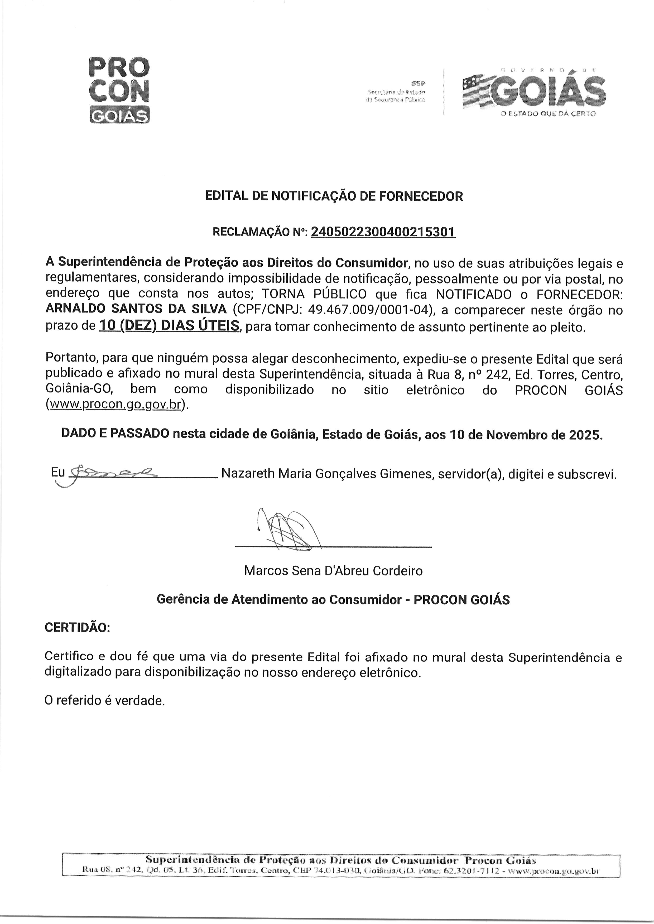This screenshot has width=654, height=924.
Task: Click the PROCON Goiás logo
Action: pyautogui.click(x=118, y=89)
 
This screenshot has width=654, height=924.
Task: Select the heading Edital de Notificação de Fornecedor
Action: pyautogui.click(x=334, y=196)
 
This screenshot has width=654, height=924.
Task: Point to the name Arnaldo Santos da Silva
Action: pyautogui.click(x=136, y=309)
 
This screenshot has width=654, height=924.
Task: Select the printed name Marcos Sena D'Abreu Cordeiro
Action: pyautogui.click(x=333, y=570)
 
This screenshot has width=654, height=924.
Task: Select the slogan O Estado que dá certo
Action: pyautogui.click(x=548, y=114)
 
